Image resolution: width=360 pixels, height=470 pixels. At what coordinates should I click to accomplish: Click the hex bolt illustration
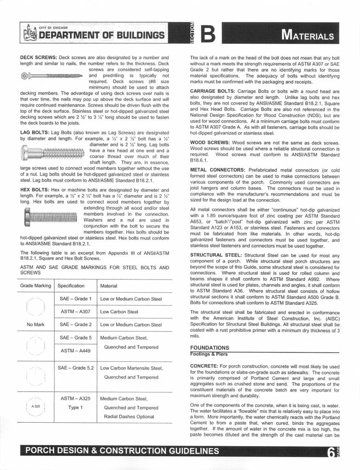(51, 215)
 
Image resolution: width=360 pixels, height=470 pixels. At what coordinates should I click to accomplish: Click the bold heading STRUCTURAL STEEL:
(216, 255)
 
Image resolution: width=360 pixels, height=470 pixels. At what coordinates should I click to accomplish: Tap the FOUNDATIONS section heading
(209, 347)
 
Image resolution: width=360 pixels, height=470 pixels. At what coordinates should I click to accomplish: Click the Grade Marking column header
(36, 285)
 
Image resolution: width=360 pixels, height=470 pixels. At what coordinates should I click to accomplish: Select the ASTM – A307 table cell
(76, 312)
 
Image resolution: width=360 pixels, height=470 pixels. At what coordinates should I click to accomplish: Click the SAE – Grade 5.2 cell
(76, 368)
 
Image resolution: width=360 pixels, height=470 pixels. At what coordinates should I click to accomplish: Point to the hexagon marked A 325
(35, 407)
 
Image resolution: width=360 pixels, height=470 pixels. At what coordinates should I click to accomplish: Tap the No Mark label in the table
(36, 325)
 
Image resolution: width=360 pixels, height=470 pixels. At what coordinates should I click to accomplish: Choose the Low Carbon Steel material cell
(119, 312)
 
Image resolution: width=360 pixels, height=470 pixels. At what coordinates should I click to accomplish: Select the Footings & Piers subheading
(209, 354)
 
